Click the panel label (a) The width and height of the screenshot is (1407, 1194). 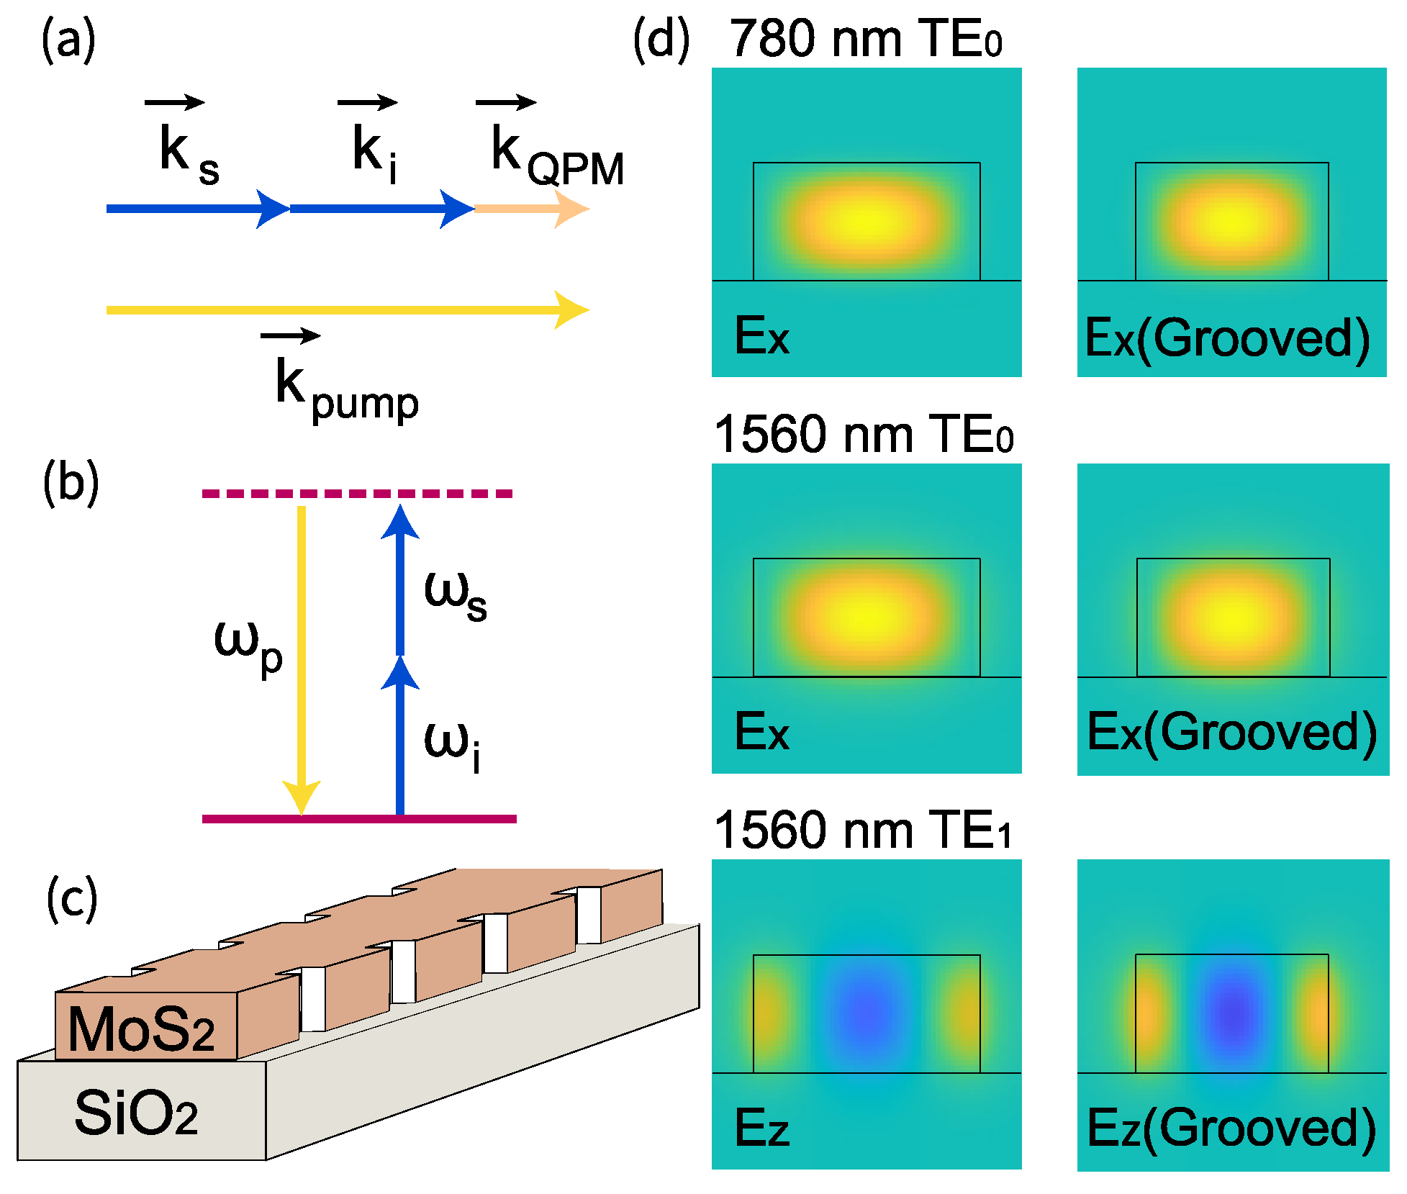tap(68, 41)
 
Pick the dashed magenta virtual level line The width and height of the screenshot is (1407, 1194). tap(358, 494)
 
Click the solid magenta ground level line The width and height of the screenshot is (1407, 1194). tap(359, 818)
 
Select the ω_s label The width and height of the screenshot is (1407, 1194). tap(456, 594)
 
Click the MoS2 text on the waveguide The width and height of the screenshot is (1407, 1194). tap(142, 1029)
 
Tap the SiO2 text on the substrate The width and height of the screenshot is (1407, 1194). tap(136, 1113)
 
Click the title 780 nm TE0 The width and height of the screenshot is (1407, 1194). tap(865, 39)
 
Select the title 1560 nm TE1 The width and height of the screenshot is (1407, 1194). tap(863, 831)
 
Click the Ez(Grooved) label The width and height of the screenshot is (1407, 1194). tap(1231, 1127)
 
